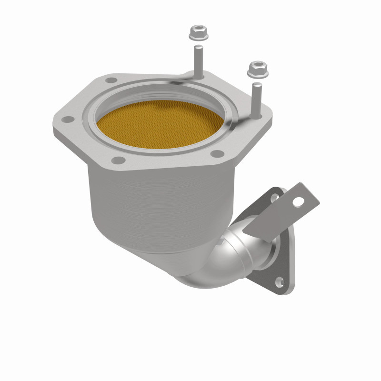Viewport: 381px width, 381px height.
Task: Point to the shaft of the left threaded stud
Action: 197,60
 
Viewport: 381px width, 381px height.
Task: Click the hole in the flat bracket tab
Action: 298,202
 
